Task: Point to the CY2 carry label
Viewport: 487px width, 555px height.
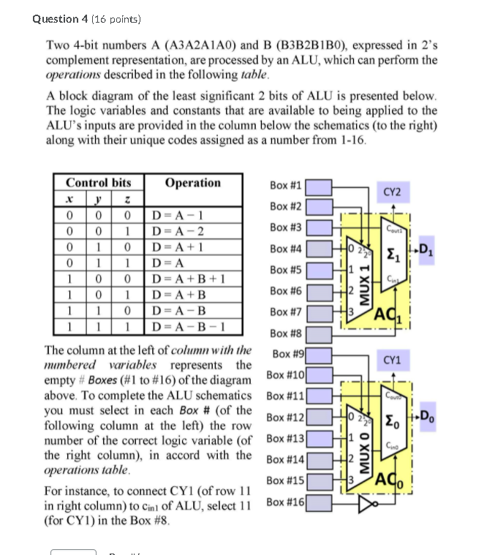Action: click(393, 192)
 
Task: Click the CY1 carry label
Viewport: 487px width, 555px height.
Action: click(393, 360)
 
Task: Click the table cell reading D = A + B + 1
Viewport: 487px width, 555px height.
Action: click(182, 278)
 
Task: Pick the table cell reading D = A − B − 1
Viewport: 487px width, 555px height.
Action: click(182, 326)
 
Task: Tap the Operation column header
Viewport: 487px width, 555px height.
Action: click(192, 183)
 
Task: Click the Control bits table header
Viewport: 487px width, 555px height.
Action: click(98, 183)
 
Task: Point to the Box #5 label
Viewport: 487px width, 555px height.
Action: click(285, 270)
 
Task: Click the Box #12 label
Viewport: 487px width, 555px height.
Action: click(284, 418)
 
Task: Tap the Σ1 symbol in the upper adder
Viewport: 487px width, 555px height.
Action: click(393, 257)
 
